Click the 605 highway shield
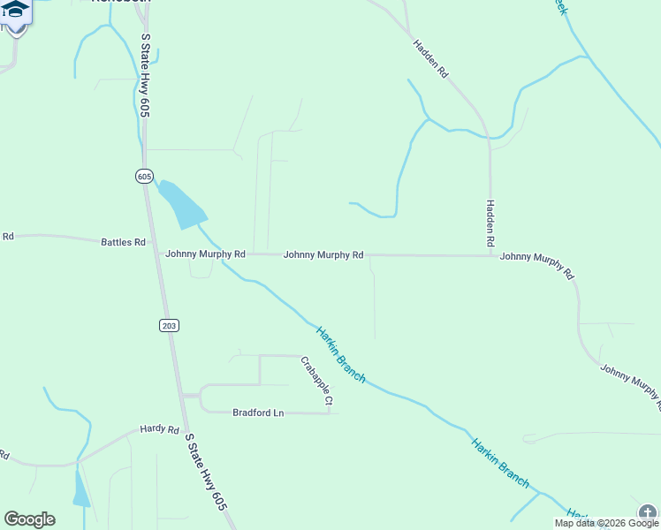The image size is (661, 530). [x=145, y=176]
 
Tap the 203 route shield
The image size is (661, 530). [x=170, y=326]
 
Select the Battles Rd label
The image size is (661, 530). [x=123, y=242]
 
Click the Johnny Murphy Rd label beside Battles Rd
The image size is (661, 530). [x=205, y=254]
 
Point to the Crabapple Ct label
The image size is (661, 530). [x=315, y=382]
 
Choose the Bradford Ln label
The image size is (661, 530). [x=258, y=413]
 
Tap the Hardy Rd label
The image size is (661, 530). [x=159, y=429]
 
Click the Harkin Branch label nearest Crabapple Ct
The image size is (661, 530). [x=341, y=353]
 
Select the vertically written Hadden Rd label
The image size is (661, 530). [x=490, y=223]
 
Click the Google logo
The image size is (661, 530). [x=29, y=519]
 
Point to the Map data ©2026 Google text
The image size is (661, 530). [x=606, y=523]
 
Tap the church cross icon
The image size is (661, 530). [x=650, y=513]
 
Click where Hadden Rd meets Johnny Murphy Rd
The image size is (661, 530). [x=490, y=256]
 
